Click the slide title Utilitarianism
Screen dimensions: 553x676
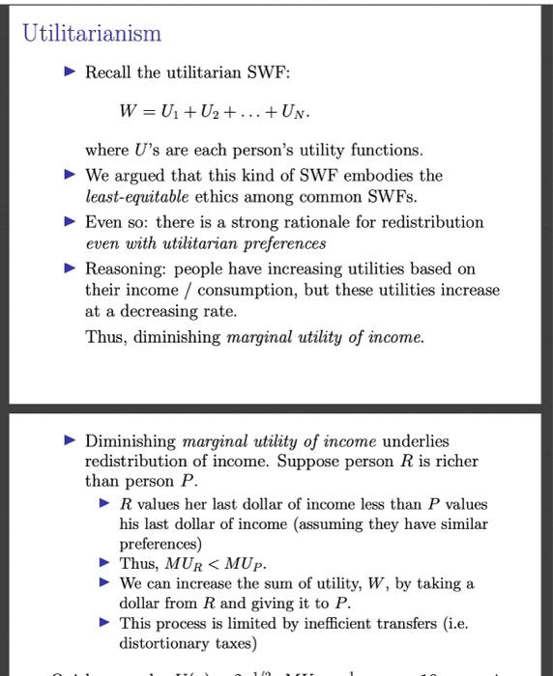92,35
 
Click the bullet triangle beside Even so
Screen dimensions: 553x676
68,222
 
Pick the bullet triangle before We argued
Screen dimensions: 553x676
68,176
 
